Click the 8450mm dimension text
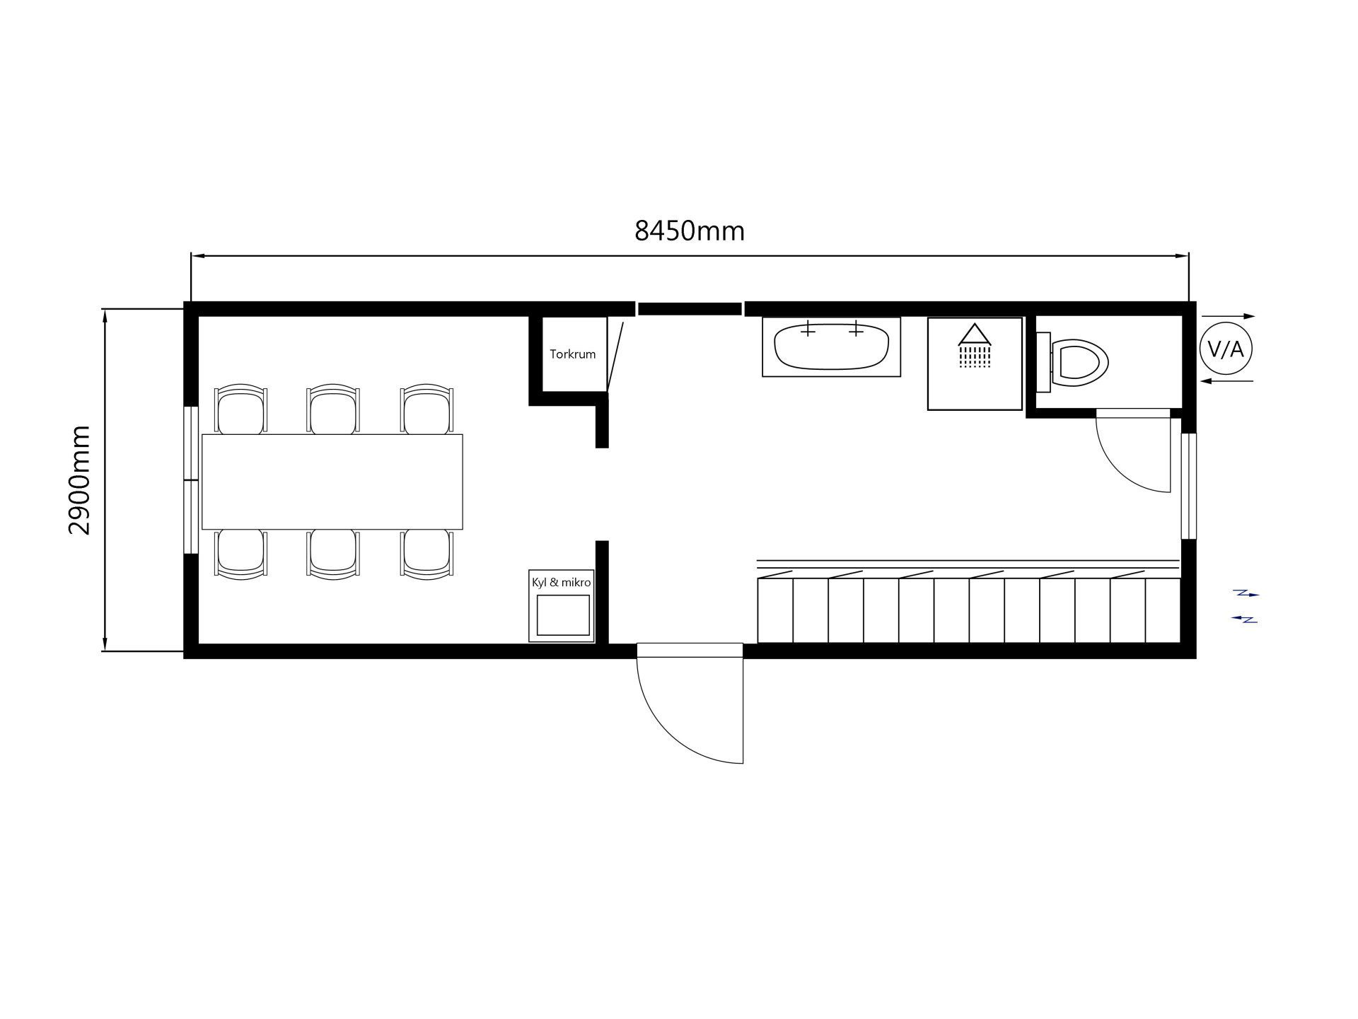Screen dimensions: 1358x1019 tap(690, 231)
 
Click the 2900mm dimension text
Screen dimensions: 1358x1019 tap(80, 480)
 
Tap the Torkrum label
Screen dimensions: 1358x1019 tap(573, 354)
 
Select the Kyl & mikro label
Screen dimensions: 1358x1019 tap(562, 583)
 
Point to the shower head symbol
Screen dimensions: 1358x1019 tap(975, 346)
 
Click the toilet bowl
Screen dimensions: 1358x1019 tap(1079, 363)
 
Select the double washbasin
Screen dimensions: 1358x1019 tap(831, 347)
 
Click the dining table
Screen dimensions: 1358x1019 tap(332, 482)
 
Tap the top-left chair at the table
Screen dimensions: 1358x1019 tap(241, 409)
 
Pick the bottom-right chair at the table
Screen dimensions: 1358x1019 tap(426, 554)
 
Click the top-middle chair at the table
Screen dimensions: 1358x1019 tap(333, 409)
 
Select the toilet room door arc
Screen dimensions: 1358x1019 tap(1119, 470)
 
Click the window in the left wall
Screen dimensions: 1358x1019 tap(190, 480)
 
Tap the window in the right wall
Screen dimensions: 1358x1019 tap(1189, 486)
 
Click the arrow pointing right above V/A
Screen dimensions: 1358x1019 tap(1228, 316)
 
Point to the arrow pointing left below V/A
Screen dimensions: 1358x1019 tap(1227, 381)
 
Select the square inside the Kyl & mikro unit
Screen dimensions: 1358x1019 tap(563, 615)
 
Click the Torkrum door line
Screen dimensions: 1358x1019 tap(615, 356)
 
